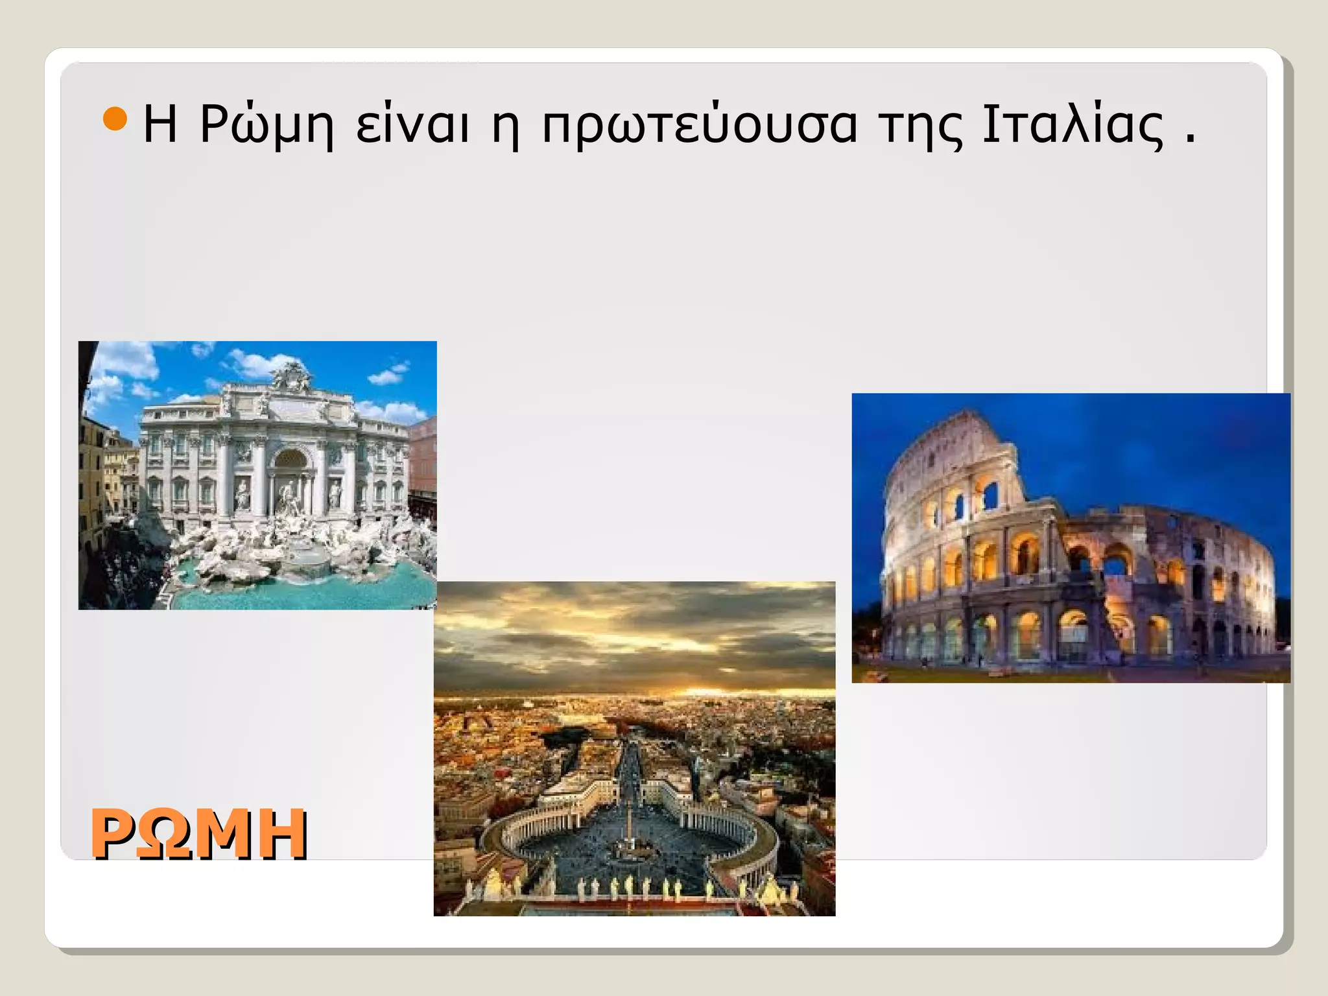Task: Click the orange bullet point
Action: click(115, 119)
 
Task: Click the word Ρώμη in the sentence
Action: click(266, 124)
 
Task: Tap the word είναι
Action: click(412, 124)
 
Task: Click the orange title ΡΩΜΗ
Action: click(198, 834)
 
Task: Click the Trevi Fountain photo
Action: click(257, 475)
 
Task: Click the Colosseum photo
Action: click(1070, 538)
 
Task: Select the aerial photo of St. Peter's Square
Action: click(634, 748)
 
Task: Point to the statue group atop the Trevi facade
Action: click(290, 376)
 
